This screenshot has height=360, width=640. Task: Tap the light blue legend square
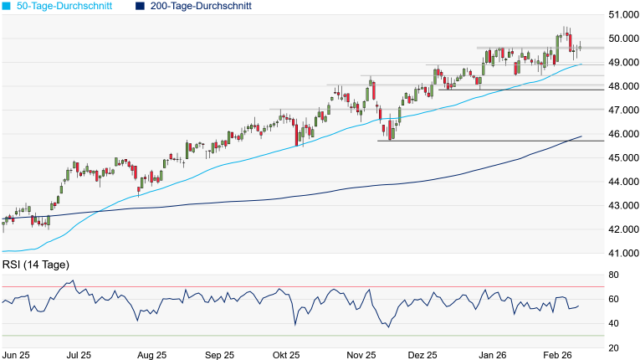pyautogui.click(x=7, y=6)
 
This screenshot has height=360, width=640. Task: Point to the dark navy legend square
pyautogui.click(x=140, y=6)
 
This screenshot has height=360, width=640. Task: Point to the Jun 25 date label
pyautogui.click(x=17, y=355)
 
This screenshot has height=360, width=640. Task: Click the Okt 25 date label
pyautogui.click(x=285, y=355)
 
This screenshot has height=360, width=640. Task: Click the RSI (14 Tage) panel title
pyautogui.click(x=36, y=265)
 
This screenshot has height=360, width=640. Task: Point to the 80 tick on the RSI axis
pyautogui.click(x=613, y=275)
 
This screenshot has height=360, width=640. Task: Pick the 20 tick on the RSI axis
pyautogui.click(x=613, y=347)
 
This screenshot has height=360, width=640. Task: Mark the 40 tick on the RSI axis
pyautogui.click(x=613, y=323)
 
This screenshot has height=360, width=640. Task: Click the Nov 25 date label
pyautogui.click(x=360, y=355)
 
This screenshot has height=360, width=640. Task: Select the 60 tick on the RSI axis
pyautogui.click(x=613, y=300)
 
